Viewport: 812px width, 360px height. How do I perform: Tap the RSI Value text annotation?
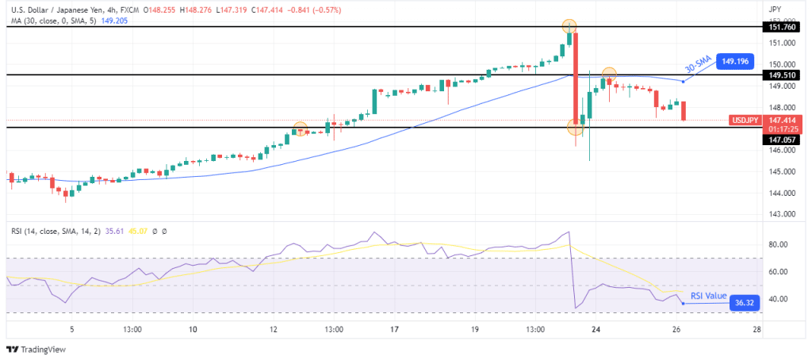(708, 296)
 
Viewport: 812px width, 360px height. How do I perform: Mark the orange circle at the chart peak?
(569, 26)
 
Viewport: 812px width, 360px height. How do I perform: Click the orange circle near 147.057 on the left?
(300, 128)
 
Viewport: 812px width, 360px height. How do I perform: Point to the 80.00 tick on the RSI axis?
(779, 244)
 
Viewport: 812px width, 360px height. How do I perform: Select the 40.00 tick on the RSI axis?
(779, 299)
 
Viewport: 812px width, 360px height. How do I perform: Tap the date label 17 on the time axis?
(394, 330)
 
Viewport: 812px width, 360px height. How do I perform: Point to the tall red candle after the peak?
(575, 79)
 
